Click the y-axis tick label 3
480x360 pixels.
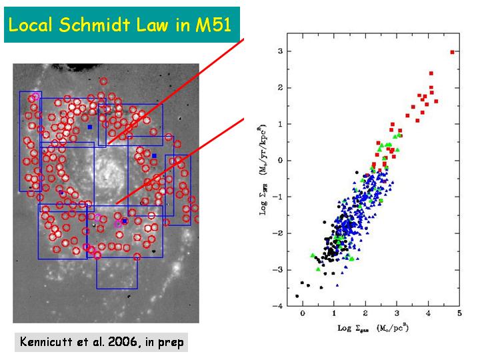tap(281, 51)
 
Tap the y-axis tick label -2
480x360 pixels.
tap(279, 233)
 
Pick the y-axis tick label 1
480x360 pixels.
tap(281, 124)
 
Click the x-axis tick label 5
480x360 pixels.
tap(459, 313)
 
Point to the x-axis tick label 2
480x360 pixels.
tap(365, 313)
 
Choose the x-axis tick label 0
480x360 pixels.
tap(303, 313)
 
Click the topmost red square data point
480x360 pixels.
tap(453, 52)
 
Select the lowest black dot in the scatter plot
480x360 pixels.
tap(297, 296)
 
